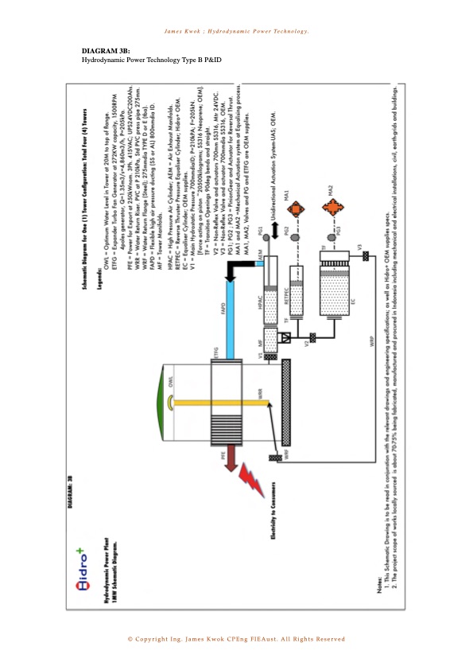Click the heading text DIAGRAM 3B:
tap(100, 51)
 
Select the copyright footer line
tap(236, 639)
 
